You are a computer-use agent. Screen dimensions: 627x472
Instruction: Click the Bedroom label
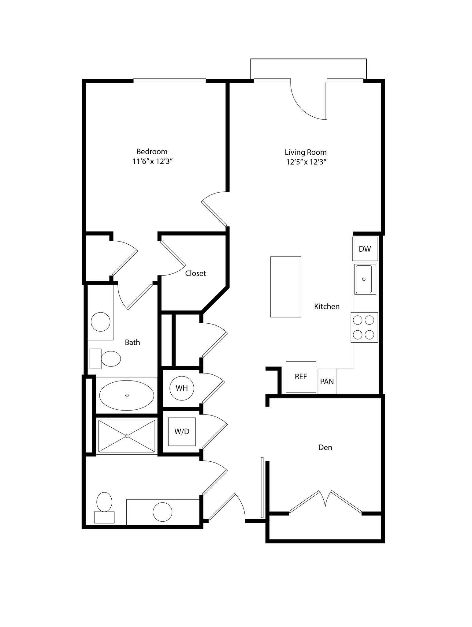point(152,152)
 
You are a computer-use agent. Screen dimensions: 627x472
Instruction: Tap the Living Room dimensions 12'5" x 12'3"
point(306,162)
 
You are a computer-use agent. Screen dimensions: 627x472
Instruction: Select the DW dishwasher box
point(365,249)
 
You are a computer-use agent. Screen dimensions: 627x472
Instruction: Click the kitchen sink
point(364,279)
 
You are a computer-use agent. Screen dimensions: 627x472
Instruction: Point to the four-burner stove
point(364,327)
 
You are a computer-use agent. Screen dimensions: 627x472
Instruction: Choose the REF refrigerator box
point(301,377)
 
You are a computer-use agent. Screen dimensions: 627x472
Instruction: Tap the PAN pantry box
point(327,382)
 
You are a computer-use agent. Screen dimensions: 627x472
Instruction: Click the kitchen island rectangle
point(286,287)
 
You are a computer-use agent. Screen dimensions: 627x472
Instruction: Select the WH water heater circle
point(182,388)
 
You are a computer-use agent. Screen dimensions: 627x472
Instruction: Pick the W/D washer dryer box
point(182,431)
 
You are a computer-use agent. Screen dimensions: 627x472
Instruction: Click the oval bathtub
point(127,395)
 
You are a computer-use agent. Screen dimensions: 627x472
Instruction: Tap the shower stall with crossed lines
point(127,436)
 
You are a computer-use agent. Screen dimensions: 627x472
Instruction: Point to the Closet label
point(195,273)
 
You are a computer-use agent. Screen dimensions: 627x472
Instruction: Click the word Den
point(325,448)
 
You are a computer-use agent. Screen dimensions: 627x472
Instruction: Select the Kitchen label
point(327,306)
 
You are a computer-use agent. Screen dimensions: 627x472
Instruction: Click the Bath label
point(132,342)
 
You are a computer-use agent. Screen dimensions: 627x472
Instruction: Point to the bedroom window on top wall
point(169,81)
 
